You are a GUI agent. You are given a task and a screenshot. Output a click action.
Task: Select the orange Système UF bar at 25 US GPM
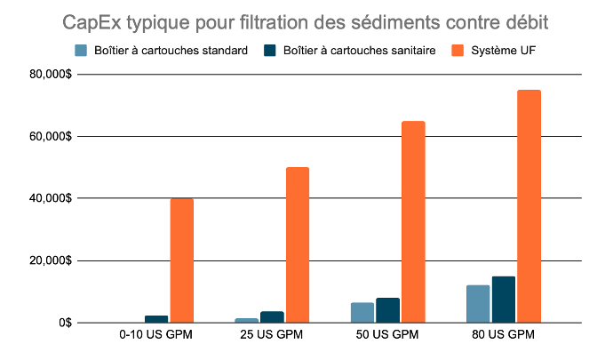298,244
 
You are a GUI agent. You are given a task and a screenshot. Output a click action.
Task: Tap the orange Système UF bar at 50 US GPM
413,221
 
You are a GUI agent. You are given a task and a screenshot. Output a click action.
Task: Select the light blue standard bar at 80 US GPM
478,304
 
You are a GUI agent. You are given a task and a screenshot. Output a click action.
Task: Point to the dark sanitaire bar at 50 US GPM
388,310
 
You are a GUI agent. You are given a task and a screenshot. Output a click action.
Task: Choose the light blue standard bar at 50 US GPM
362,313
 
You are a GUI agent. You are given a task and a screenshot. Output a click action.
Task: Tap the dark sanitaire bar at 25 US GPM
273,317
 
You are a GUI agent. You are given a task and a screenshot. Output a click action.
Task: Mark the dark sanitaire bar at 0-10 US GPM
156,319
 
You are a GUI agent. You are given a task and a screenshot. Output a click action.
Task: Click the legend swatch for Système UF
460,50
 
